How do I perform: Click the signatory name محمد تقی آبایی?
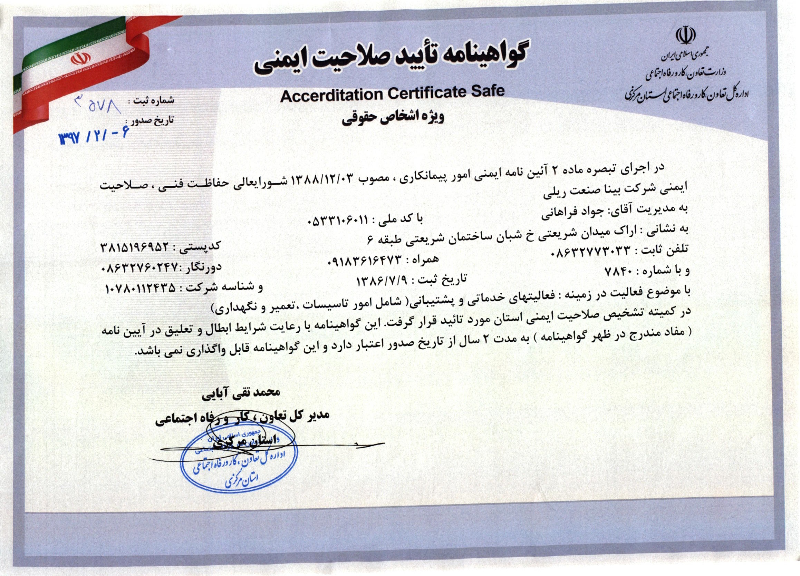coord(241,393)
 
